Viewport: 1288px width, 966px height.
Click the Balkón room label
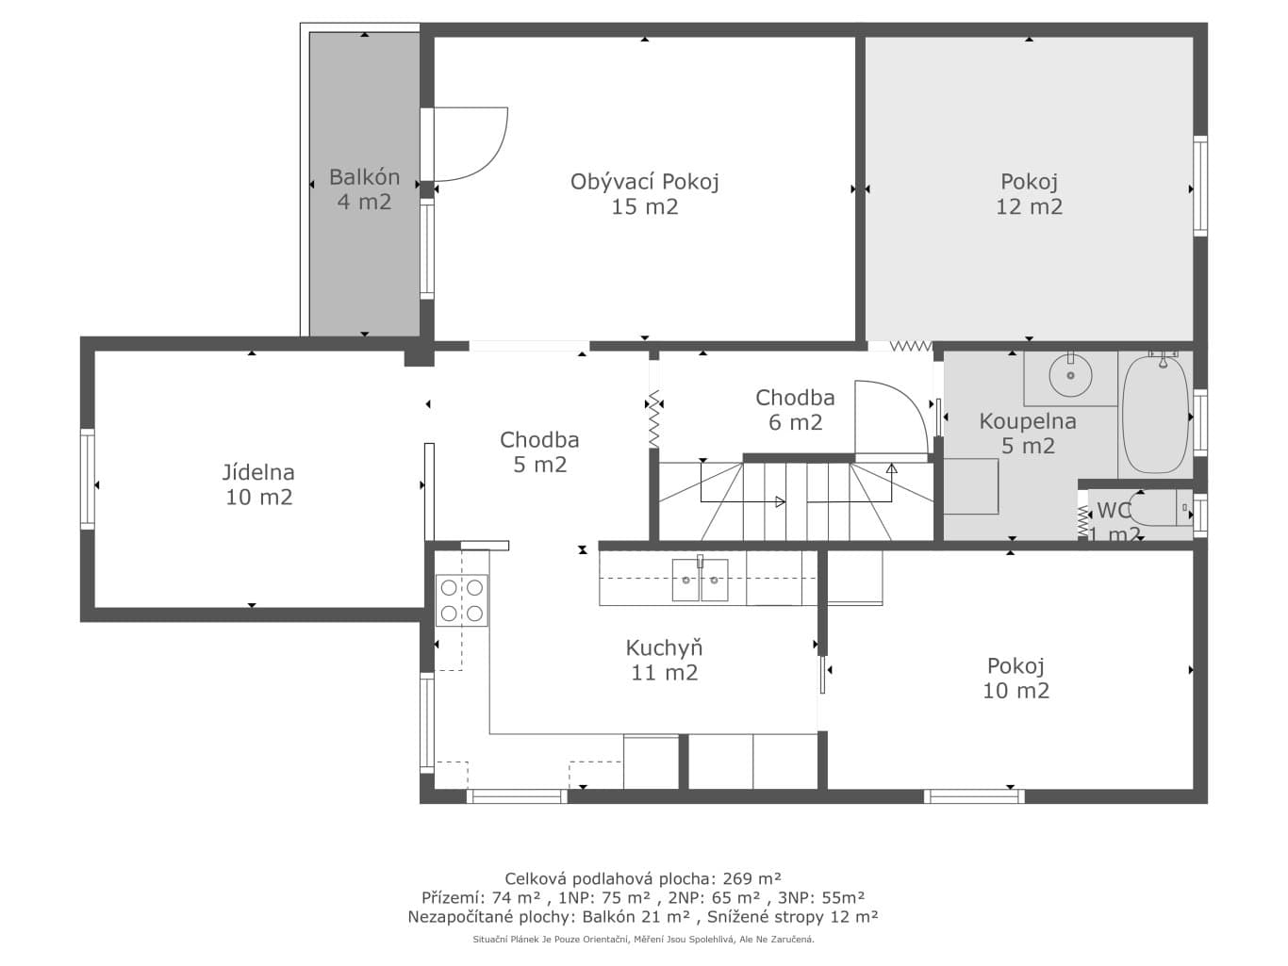click(x=364, y=188)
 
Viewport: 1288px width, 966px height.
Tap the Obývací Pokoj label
click(x=644, y=193)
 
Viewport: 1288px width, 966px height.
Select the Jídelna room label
click(x=258, y=484)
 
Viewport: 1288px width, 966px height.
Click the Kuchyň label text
click(x=664, y=660)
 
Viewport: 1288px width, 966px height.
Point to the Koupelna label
click(x=1028, y=434)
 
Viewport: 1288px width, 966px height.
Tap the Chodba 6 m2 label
click(x=795, y=410)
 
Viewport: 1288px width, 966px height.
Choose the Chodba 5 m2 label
click(x=539, y=452)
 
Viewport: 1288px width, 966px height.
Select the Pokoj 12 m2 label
click(x=1030, y=193)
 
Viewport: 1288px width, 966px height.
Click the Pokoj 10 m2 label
click(x=1016, y=678)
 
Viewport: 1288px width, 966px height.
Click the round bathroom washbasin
click(x=1070, y=375)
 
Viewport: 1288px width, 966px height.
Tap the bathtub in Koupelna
click(x=1156, y=414)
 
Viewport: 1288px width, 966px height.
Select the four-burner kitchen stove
click(x=462, y=600)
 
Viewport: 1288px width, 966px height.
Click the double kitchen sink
click(x=700, y=580)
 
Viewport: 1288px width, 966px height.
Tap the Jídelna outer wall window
click(x=88, y=479)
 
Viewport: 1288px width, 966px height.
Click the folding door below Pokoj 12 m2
click(x=911, y=346)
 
